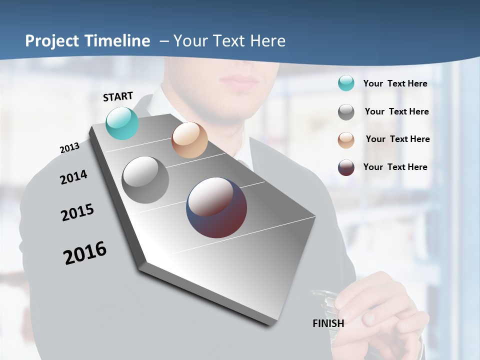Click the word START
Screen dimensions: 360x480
[118, 96]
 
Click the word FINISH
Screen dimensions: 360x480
[328, 323]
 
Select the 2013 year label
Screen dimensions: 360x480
[69, 148]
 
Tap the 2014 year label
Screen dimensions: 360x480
[73, 177]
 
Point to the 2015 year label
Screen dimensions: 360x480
[77, 212]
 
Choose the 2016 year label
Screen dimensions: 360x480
[85, 252]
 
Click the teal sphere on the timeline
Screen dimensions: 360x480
[122, 123]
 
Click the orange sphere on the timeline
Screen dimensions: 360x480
[189, 139]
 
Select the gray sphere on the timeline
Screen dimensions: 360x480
[145, 180]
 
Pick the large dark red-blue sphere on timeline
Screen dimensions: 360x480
[216, 207]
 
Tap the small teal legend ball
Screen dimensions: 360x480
[346, 83]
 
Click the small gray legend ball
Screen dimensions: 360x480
[346, 112]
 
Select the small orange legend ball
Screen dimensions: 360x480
[346, 140]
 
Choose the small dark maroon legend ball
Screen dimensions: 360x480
[346, 167]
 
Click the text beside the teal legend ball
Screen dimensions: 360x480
[395, 83]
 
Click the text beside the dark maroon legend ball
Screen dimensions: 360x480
[395, 167]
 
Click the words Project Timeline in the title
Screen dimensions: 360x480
[87, 41]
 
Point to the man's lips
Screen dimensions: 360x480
[239, 80]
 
